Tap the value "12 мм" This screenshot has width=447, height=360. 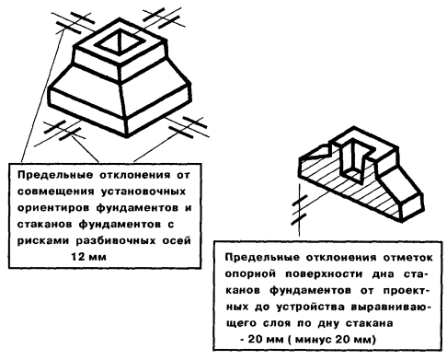click(88, 256)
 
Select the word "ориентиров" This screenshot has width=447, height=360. click(52, 208)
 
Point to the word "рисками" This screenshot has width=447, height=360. click(42, 240)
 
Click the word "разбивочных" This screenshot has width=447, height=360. click(116, 240)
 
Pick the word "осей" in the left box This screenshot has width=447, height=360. click(177, 240)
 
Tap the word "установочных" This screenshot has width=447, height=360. click(143, 192)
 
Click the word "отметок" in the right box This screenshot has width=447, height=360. click(407, 258)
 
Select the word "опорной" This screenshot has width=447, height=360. click(250, 273)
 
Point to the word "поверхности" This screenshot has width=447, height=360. click(324, 273)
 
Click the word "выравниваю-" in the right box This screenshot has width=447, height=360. click(391, 307)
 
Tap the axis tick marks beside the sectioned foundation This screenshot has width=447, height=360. click(300, 209)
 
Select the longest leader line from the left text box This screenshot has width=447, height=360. click(42, 96)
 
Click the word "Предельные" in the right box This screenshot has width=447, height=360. click(262, 258)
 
